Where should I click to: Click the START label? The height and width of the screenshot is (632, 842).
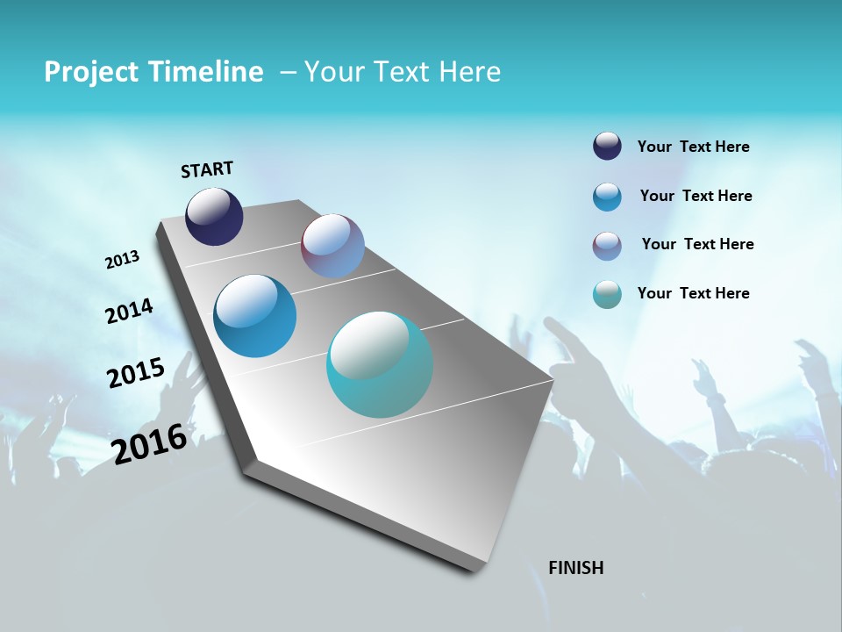coord(207,169)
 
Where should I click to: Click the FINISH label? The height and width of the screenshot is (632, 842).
coord(575,568)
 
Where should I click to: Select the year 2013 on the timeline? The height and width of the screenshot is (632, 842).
coord(122,260)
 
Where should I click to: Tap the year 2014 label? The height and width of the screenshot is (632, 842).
coord(129,311)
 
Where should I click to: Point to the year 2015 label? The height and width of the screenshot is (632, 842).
coord(135,372)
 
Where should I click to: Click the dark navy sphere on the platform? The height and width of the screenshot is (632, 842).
coord(214,217)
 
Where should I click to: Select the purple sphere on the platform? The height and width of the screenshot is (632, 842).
coord(332,246)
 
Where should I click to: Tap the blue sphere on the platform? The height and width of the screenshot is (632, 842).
coord(254,316)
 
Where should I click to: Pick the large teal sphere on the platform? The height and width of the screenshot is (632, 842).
coord(380,364)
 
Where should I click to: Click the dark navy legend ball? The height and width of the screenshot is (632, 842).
coord(607,147)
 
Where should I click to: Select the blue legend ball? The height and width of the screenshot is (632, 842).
coord(607,197)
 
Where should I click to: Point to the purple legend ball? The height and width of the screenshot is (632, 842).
coord(607,246)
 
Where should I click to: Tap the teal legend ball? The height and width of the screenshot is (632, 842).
coord(607,294)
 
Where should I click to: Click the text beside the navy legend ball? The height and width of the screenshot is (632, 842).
coord(693,147)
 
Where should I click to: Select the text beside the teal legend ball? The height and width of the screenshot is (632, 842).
coord(693,293)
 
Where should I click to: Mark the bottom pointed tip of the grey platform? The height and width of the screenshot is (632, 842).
coord(478,571)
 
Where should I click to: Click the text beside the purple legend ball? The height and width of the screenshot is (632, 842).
coord(697,244)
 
